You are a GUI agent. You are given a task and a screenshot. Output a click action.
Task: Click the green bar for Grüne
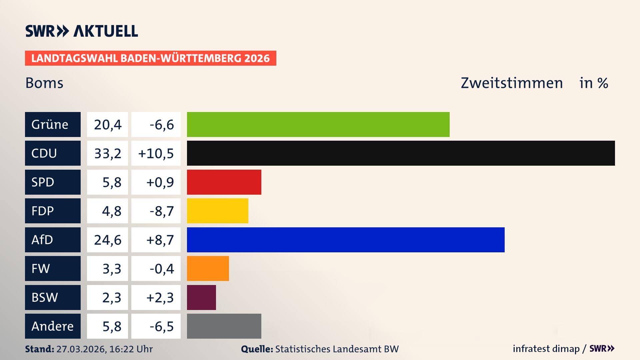(318, 124)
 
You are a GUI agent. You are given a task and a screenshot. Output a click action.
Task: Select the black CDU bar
(401, 153)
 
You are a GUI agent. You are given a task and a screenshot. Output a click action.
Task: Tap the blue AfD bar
(346, 240)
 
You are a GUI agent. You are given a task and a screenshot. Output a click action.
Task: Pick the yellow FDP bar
(217, 211)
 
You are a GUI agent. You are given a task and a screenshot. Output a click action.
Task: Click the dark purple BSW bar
(201, 297)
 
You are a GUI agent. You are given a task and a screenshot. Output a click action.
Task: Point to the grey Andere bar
(224, 326)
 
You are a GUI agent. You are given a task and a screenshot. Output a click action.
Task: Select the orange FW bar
(208, 268)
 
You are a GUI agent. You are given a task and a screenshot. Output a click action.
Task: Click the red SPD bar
(224, 182)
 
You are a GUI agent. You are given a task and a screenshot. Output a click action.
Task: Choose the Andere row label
(53, 326)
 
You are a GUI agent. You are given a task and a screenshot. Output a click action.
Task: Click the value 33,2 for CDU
(107, 153)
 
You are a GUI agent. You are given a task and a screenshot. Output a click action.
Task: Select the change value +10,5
(156, 153)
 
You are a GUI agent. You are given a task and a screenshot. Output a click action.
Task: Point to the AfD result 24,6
(107, 240)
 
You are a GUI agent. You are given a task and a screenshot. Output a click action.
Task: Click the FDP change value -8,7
(161, 211)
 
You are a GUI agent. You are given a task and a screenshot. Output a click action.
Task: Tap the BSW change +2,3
(160, 297)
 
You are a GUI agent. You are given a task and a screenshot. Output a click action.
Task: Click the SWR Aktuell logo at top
(81, 31)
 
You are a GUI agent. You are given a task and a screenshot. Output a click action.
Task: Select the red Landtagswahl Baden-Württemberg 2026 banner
(150, 58)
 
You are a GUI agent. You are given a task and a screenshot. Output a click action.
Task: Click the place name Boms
(44, 83)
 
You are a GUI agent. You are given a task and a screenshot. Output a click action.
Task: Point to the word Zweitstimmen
(511, 83)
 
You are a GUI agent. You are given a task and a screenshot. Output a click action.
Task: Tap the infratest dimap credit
(546, 349)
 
